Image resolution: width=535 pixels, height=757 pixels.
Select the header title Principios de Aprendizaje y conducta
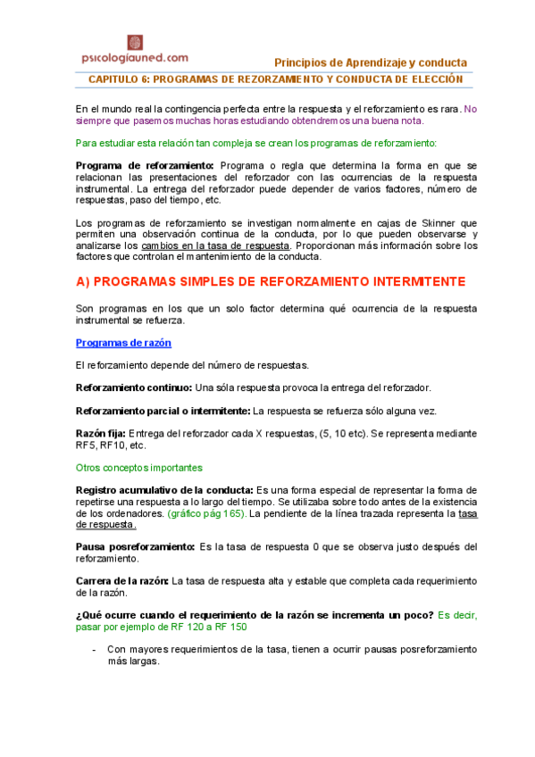coord(371,62)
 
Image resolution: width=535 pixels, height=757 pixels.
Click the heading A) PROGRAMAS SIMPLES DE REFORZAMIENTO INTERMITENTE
coord(271,281)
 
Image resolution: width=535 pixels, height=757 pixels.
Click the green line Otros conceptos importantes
coord(138,467)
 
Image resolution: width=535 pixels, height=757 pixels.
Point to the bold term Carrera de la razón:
coord(122,580)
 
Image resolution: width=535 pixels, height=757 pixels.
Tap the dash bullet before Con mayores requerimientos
coord(94,649)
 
